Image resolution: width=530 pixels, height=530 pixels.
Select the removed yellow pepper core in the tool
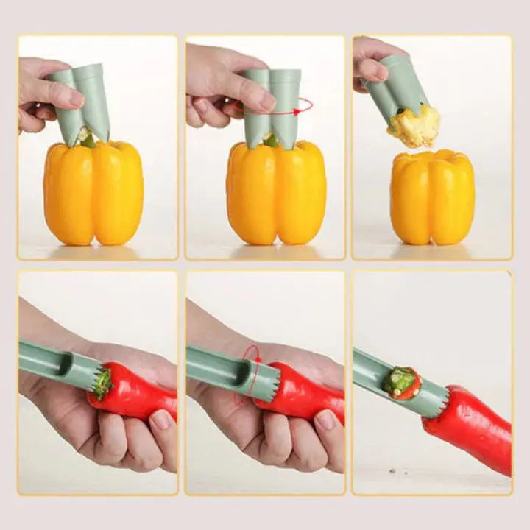[415, 126]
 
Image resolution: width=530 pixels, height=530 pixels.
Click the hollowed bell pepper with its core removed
[432, 197]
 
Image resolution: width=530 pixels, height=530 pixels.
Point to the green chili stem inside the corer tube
[400, 381]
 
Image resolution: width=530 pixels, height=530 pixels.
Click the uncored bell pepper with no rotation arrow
[93, 194]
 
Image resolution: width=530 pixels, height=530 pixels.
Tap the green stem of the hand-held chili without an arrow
[102, 384]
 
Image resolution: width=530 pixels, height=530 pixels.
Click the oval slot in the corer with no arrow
[64, 362]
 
